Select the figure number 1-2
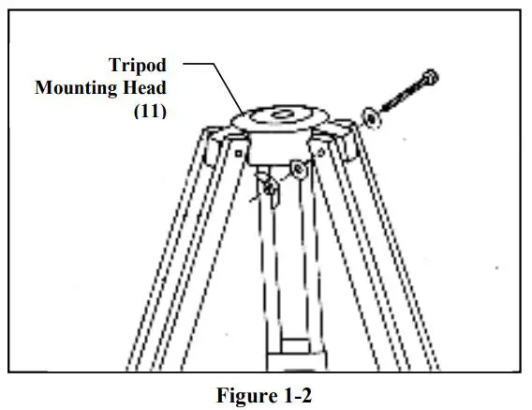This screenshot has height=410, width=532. click(293, 395)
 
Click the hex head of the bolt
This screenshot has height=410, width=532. click(430, 78)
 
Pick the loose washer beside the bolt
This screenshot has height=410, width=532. click(371, 117)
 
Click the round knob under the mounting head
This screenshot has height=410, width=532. click(297, 169)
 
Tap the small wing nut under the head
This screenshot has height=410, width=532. click(269, 191)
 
